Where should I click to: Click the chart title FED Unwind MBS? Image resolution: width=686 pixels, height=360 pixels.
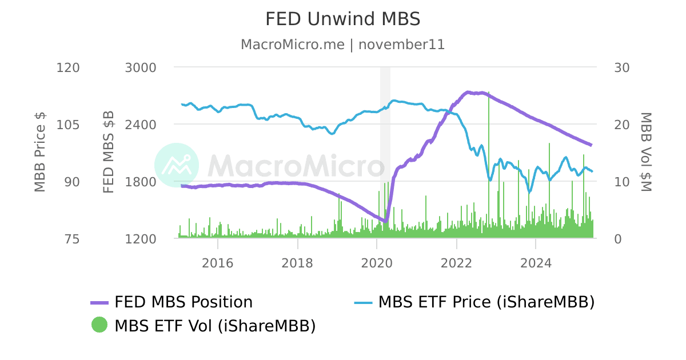click(342, 19)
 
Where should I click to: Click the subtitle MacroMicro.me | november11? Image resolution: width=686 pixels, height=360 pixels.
click(342, 45)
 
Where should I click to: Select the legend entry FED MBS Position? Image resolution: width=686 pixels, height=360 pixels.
click(183, 302)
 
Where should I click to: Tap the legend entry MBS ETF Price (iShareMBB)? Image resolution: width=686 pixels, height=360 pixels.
click(486, 302)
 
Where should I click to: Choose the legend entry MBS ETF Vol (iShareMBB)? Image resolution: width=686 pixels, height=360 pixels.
click(215, 326)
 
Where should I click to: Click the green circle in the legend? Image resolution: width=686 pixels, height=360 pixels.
click(99, 325)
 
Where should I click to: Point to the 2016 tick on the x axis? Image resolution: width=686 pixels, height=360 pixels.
click(218, 263)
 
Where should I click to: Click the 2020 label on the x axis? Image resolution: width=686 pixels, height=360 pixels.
click(377, 263)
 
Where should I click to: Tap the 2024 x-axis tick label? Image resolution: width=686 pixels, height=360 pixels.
click(536, 263)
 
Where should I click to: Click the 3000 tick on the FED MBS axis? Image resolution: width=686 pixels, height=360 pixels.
click(140, 67)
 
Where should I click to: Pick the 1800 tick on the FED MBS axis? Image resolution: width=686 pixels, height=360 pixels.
click(140, 182)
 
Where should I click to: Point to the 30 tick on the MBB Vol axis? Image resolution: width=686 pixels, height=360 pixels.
click(621, 67)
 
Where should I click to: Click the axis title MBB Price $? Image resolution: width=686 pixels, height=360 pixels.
click(39, 152)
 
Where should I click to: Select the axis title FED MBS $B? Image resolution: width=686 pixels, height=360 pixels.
click(108, 152)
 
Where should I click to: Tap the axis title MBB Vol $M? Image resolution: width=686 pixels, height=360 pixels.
click(646, 152)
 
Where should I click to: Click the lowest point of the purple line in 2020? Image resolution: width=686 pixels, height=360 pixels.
click(386, 221)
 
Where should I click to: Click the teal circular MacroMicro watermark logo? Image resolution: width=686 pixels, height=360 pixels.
click(177, 165)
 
